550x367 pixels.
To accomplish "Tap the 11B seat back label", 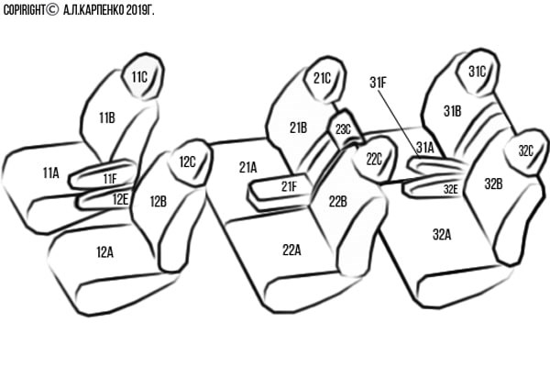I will (106, 117).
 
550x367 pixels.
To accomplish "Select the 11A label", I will (50, 172).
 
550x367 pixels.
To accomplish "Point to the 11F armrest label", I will (110, 178).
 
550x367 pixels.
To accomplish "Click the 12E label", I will (120, 197).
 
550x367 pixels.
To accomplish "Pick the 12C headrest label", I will (187, 162).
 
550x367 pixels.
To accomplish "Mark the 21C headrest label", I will (322, 79).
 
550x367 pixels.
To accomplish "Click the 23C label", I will (342, 129).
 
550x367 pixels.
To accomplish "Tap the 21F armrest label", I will (289, 186).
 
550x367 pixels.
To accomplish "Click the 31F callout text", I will (379, 82).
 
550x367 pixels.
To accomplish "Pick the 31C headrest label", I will (477, 71).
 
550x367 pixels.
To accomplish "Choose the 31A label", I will (424, 147).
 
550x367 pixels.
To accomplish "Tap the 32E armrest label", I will (451, 189).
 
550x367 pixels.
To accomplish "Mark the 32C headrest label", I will (525, 150).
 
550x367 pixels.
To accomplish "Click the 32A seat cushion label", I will (442, 235).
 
